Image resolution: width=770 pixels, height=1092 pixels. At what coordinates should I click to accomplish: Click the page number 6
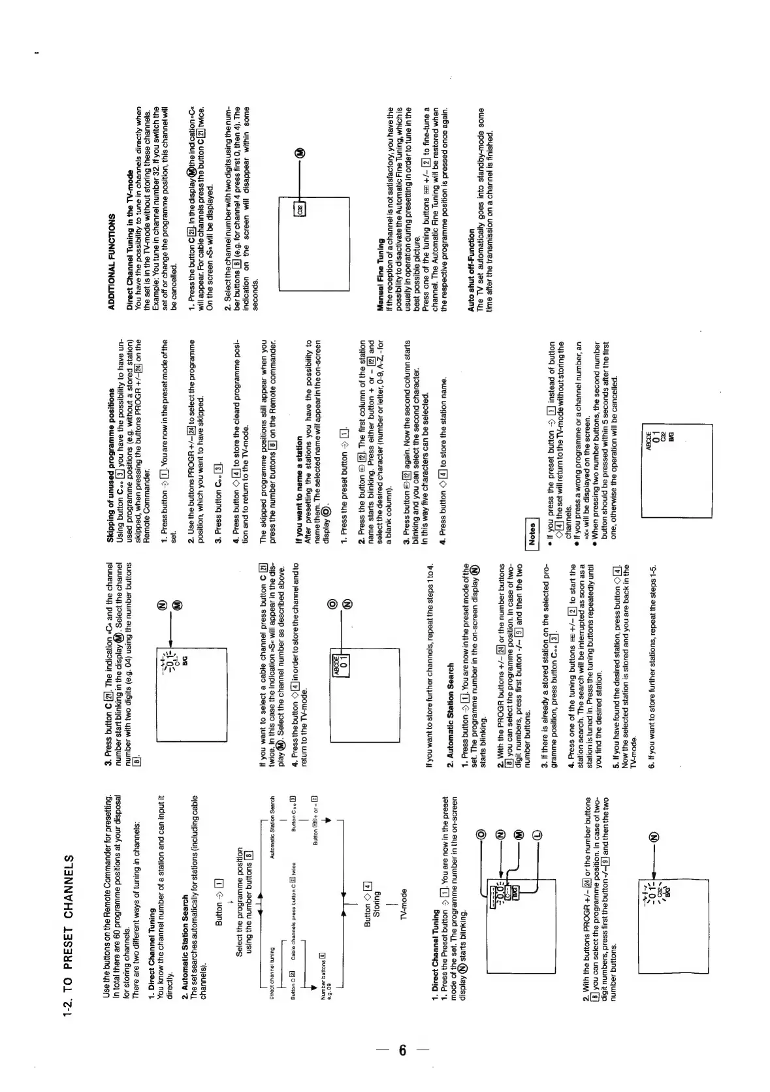click(x=402, y=1050)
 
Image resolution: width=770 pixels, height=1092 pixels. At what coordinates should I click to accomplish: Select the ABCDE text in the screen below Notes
click(x=649, y=440)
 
